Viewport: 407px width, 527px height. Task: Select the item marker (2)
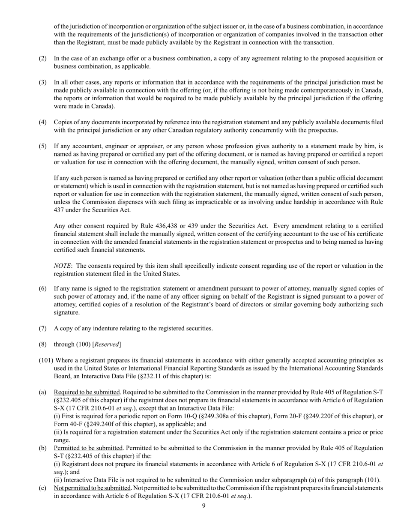tap(43, 58)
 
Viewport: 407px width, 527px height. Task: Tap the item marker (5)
tap(43, 146)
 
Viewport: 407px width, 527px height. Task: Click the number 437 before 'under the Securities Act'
tap(60, 210)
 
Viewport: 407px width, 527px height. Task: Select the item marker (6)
tap(43, 288)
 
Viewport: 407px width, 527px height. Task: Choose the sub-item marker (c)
tap(43, 488)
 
